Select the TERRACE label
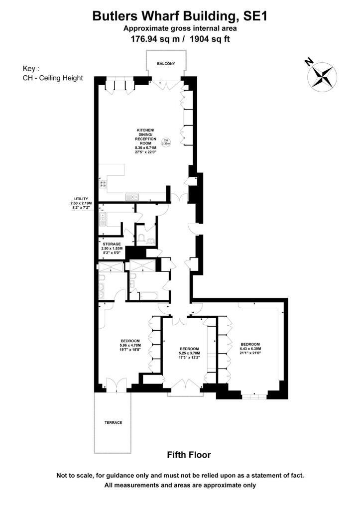[x=113, y=422]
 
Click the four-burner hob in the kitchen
[x=104, y=184]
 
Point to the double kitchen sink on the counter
[x=132, y=197]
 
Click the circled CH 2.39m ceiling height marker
[x=166, y=142]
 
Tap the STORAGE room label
[x=112, y=244]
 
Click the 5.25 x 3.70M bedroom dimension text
[x=189, y=353]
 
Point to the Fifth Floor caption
[x=189, y=455]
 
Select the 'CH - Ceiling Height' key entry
[x=53, y=78]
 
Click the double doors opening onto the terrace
[x=115, y=385]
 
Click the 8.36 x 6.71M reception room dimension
[x=145, y=148]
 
